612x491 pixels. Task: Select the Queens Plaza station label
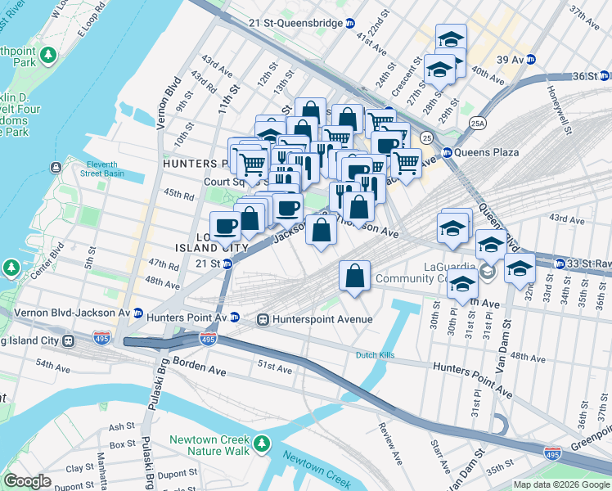coord(488,152)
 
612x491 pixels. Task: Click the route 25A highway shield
coord(478,124)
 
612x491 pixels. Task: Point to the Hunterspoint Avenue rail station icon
coord(263,319)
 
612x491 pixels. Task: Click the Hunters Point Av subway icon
coord(234,318)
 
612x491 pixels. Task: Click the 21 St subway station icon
coord(227,264)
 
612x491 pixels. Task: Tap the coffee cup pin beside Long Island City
coord(225,227)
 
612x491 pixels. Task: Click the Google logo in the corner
coord(27,481)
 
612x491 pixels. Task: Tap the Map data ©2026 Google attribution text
coord(561,484)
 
